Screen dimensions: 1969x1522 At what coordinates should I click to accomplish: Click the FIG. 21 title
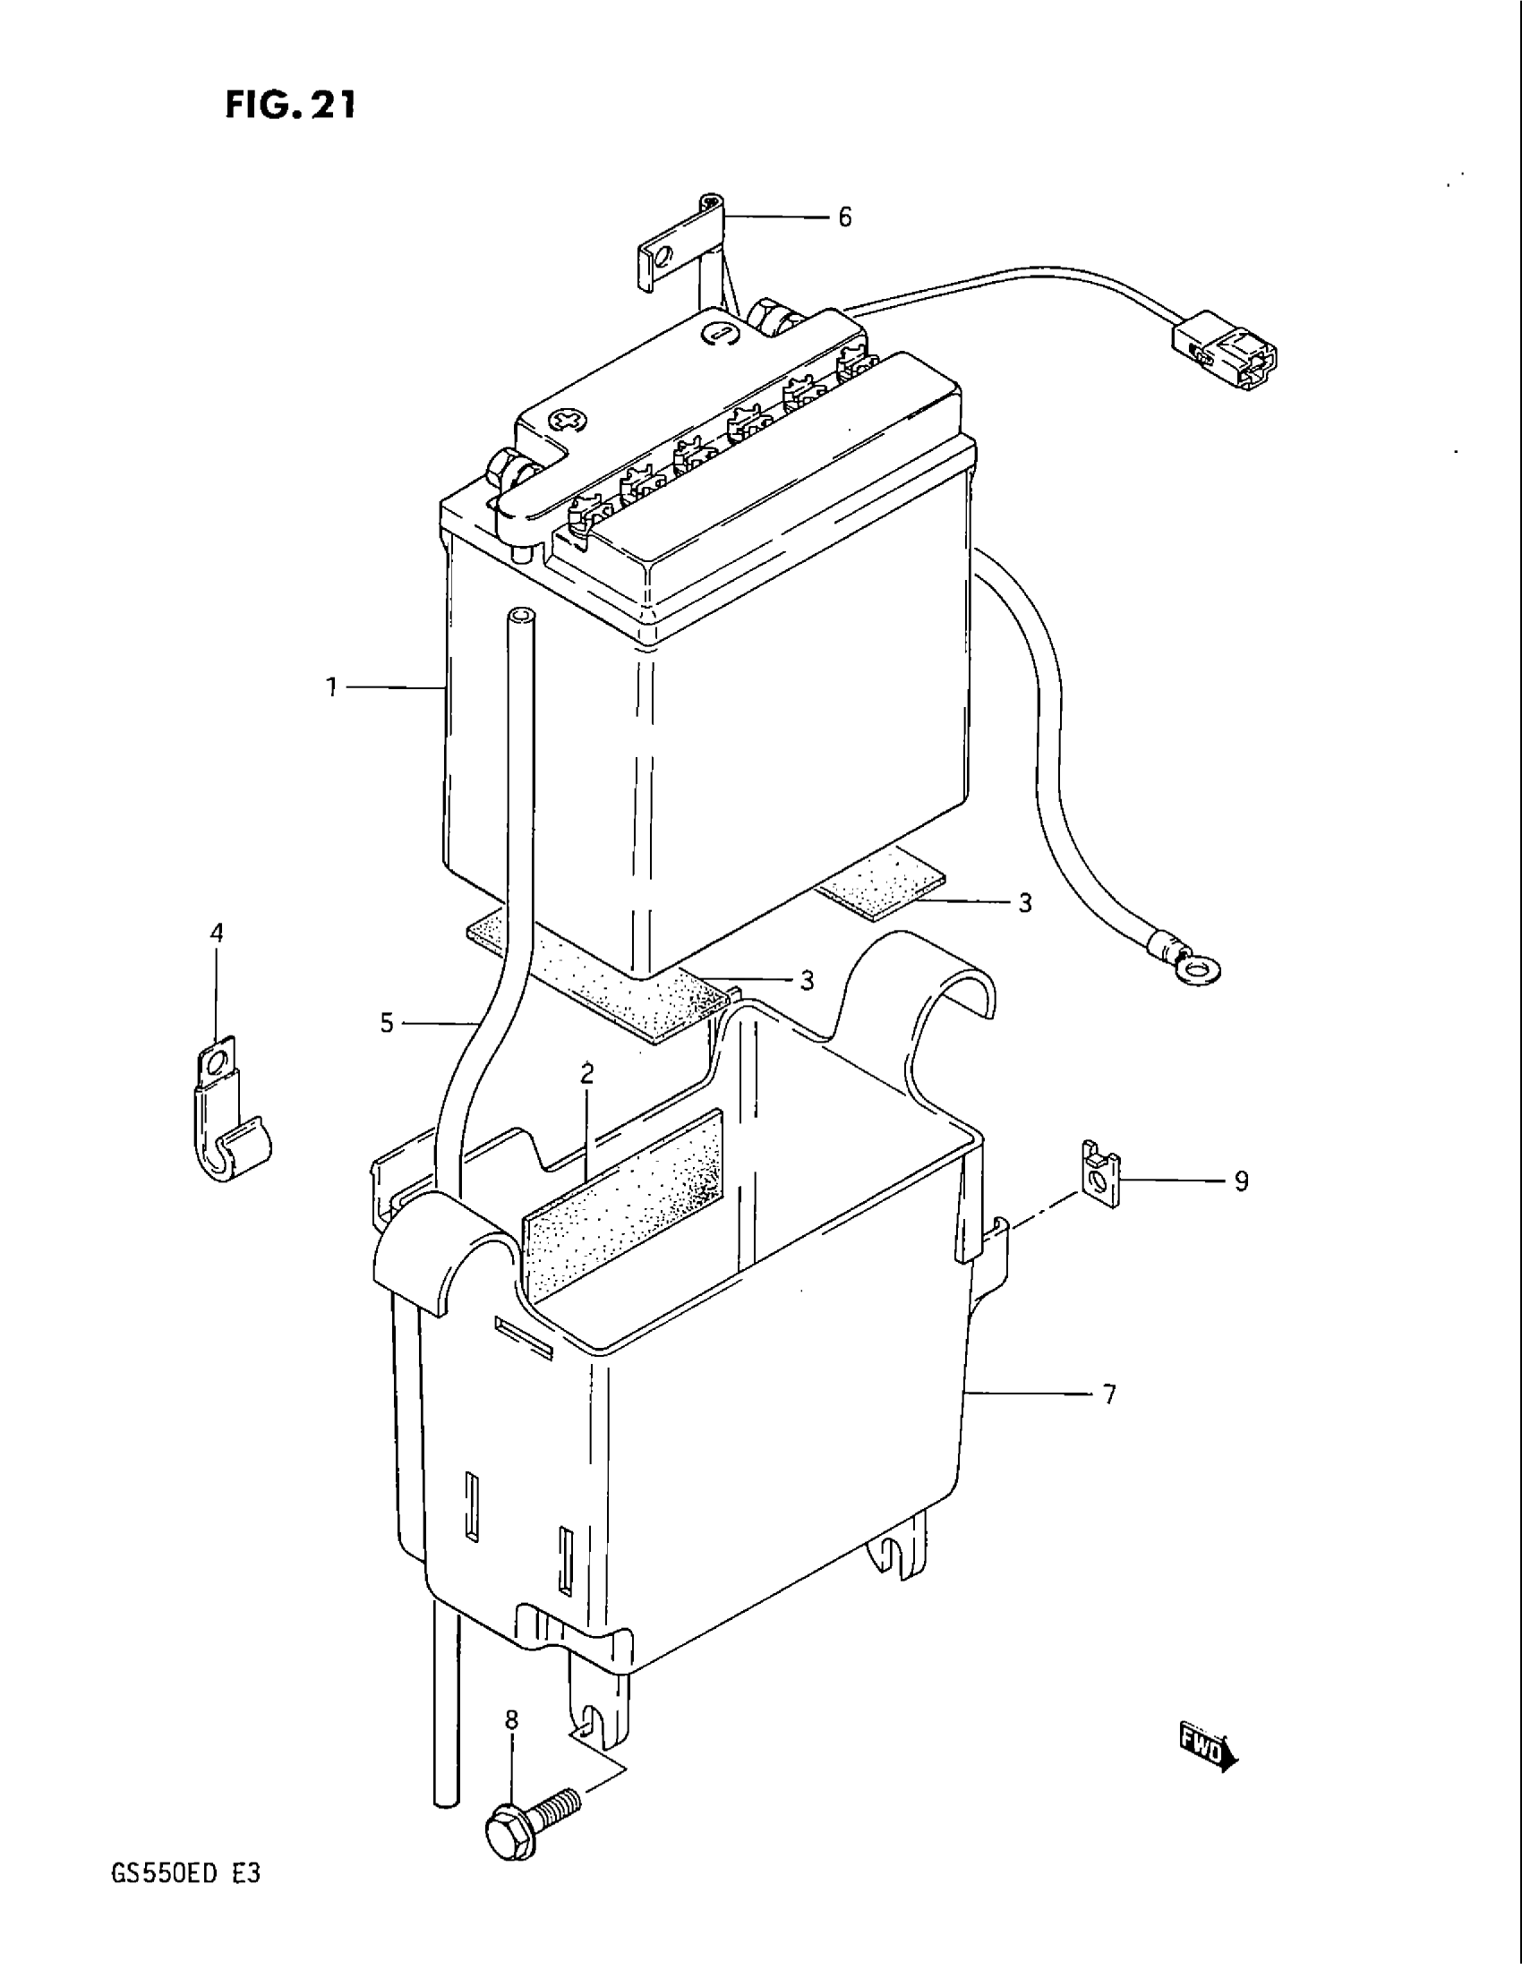point(290,106)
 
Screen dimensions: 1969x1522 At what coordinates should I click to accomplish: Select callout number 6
point(844,217)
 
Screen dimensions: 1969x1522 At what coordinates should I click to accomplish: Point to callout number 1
point(332,688)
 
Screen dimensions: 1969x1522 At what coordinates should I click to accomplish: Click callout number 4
point(217,933)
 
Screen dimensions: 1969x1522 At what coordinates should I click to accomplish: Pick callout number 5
point(387,1023)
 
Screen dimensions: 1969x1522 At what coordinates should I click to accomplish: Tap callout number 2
point(587,1073)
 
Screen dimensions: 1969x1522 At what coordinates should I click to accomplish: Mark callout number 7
point(1109,1394)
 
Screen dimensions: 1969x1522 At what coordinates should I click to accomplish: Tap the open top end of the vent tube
point(520,617)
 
